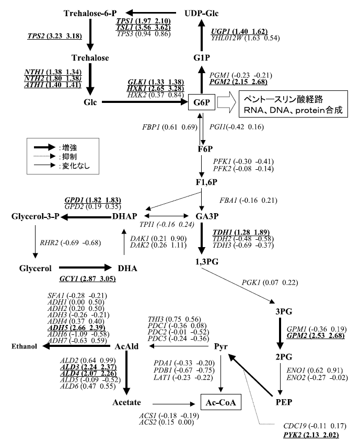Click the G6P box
[x=203, y=103]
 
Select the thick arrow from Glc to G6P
[x=141, y=103]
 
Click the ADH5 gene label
[x=57, y=327]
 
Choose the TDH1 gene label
[x=224, y=232]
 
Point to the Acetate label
[x=127, y=403]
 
